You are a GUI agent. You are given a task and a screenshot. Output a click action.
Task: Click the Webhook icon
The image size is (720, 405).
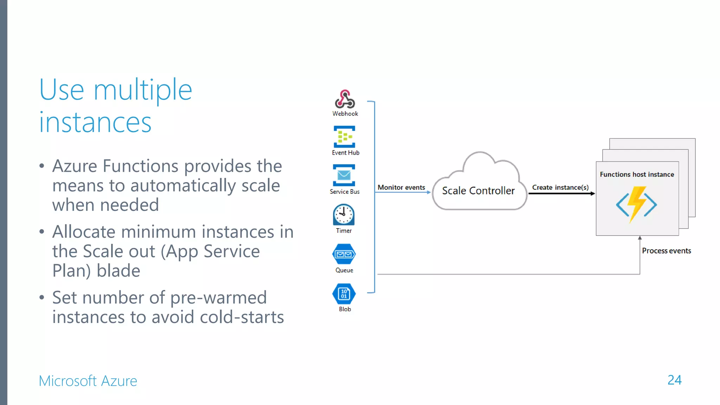[345, 99]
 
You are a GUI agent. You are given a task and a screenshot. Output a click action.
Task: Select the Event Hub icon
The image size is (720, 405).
[344, 137]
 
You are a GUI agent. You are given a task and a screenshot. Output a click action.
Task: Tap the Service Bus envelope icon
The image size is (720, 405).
[344, 175]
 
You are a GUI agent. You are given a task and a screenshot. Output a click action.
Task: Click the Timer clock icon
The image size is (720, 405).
[343, 214]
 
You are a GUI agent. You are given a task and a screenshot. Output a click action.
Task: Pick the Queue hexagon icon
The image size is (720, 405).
[344, 254]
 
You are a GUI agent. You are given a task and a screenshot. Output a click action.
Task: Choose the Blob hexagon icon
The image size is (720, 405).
[344, 294]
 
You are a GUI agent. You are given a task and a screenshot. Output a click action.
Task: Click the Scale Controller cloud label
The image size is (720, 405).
[478, 191]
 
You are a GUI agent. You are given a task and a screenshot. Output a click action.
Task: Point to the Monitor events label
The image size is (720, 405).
[401, 187]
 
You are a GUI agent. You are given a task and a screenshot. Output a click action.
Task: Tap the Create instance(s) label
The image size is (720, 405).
[560, 187]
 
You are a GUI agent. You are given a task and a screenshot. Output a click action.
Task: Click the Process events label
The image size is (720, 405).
[666, 251]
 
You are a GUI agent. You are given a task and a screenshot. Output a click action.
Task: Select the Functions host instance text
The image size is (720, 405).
[637, 174]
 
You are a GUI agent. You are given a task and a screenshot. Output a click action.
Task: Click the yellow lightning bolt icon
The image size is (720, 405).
[636, 204]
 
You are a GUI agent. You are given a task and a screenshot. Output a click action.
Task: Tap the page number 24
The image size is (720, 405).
[674, 380]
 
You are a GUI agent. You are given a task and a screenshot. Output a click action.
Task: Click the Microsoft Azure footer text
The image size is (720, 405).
[88, 381]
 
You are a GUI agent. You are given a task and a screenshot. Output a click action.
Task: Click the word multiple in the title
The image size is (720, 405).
[143, 90]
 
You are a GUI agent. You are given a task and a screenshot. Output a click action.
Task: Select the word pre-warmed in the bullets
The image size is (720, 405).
[218, 298]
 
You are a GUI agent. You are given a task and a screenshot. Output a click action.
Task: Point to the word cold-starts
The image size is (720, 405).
[242, 317]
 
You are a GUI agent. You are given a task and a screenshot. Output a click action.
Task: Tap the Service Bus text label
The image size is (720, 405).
[345, 192]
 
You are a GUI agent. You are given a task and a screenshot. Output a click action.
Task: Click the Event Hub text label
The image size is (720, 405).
[346, 153]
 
